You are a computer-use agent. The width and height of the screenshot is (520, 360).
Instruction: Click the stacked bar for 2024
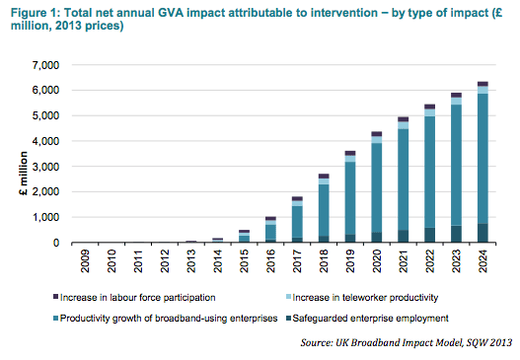[483, 163]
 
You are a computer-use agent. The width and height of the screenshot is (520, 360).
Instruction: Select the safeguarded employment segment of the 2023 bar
[456, 235]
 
